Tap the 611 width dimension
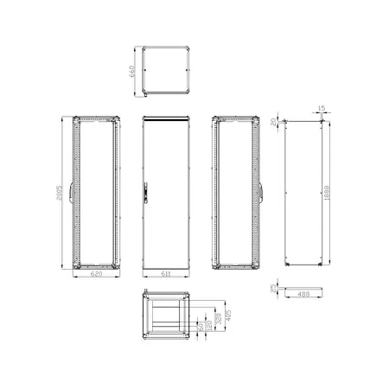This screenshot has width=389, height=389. click(x=164, y=274)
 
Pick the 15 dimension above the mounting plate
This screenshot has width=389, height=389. click(x=321, y=108)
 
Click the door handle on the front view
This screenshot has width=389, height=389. click(x=148, y=185)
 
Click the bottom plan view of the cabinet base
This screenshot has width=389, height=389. click(x=165, y=317)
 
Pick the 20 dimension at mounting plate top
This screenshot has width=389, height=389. click(x=275, y=120)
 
